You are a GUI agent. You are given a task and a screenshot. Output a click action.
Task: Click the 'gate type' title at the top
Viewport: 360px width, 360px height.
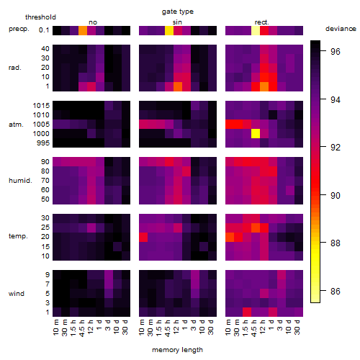[178, 12]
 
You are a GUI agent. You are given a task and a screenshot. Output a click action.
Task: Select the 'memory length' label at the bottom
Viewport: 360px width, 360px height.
[177, 350]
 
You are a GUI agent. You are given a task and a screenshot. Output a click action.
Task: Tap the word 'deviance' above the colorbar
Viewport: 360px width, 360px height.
[341, 29]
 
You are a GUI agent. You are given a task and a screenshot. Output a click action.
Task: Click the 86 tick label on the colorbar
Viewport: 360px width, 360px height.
[336, 292]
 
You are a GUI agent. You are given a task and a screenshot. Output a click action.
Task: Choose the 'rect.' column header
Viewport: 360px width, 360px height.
[261, 22]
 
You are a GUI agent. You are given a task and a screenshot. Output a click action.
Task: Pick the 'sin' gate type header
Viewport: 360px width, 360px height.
[177, 22]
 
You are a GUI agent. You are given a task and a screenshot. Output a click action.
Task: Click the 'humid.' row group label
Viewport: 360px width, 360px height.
[20, 181]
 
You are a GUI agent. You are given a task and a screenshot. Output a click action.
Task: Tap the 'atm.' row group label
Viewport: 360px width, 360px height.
[16, 125]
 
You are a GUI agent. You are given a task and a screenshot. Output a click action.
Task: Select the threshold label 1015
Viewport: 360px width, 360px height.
[41, 106]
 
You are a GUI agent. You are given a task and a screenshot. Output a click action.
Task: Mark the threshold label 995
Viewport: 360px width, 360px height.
[43, 143]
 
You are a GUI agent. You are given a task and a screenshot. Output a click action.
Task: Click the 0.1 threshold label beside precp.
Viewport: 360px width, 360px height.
[44, 30]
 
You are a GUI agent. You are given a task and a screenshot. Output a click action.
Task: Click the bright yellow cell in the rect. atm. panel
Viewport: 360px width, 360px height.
[256, 134]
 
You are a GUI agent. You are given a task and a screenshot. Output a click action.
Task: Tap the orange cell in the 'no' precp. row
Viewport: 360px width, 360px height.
[83, 30]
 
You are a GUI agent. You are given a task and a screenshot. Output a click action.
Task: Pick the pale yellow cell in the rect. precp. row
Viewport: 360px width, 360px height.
[256, 30]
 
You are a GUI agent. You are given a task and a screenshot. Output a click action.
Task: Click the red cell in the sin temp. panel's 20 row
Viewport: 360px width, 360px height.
[143, 238]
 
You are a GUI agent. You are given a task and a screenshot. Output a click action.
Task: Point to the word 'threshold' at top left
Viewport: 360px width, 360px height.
[40, 17]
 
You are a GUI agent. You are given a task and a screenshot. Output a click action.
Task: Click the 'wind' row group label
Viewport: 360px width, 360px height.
[17, 294]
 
